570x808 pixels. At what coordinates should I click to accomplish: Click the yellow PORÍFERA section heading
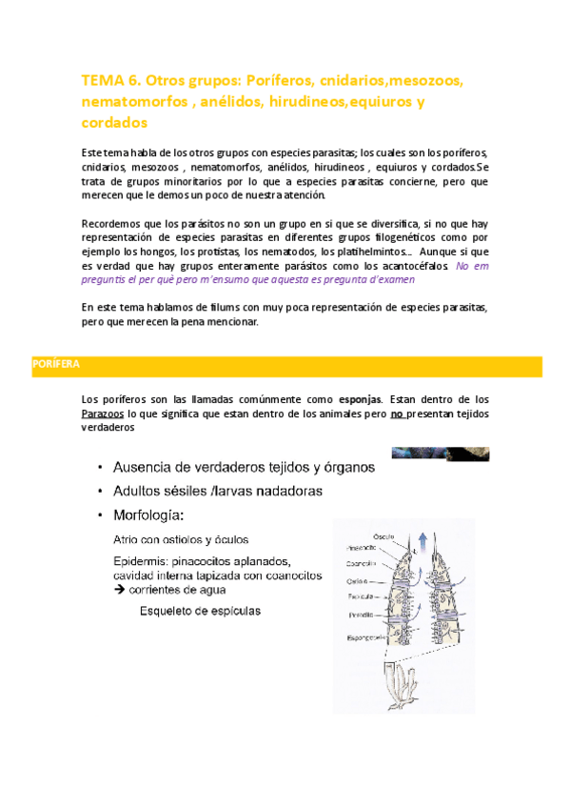(57, 365)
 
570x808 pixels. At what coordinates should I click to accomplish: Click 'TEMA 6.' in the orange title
(108, 81)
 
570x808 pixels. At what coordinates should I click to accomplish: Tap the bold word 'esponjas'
(353, 398)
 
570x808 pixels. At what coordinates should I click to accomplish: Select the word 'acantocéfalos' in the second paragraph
(415, 267)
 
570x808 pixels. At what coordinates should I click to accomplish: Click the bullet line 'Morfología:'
(149, 515)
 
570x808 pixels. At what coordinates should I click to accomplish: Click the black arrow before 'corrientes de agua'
(119, 590)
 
